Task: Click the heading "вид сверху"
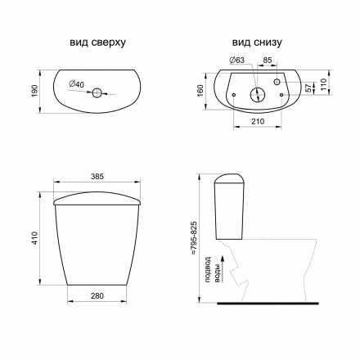[x=97, y=43]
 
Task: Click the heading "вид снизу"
[x=257, y=43]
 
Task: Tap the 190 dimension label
[x=35, y=92]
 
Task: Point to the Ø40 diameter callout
[x=76, y=84]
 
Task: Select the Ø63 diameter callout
[x=237, y=60]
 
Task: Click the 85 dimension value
[x=268, y=60]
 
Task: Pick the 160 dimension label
[x=200, y=91]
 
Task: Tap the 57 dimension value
[x=308, y=88]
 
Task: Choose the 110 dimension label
[x=323, y=85]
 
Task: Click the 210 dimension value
[x=258, y=121]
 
